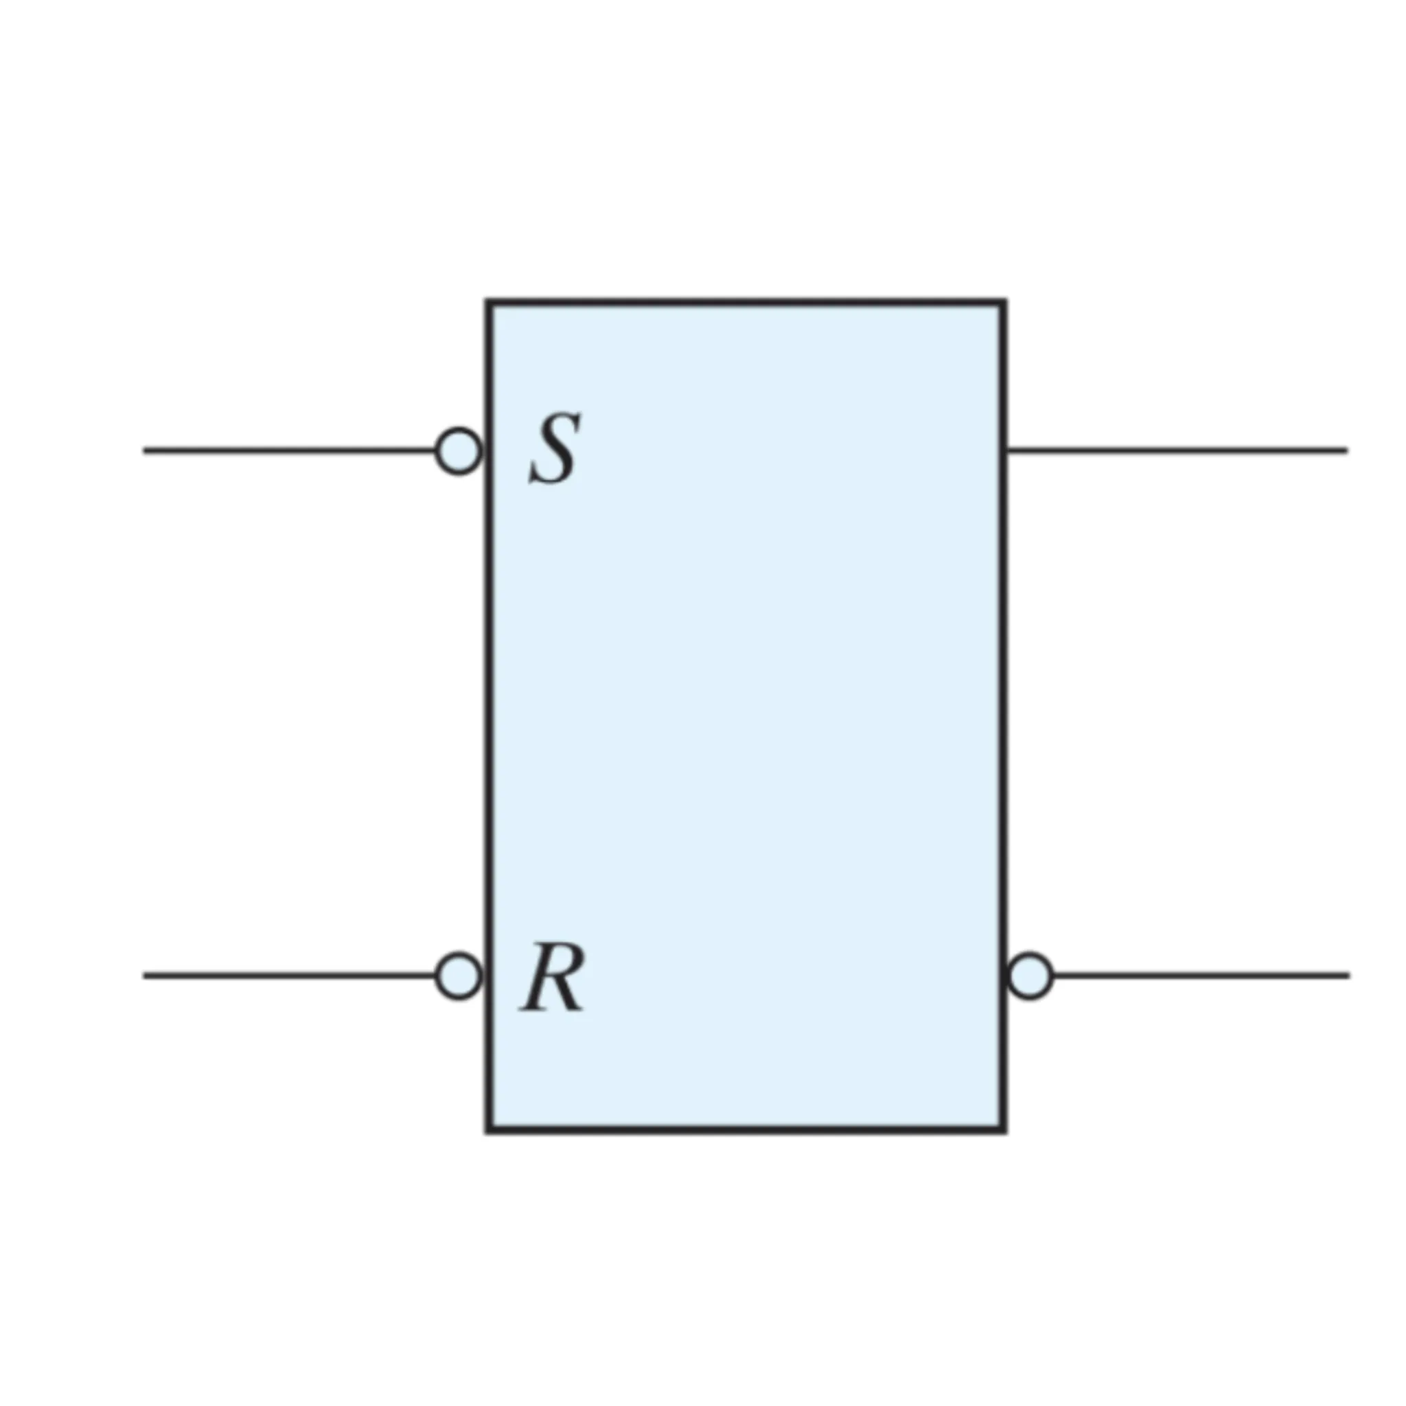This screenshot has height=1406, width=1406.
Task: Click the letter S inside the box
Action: (555, 449)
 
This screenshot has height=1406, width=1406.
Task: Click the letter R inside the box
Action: (553, 977)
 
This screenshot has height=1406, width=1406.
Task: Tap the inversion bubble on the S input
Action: (459, 451)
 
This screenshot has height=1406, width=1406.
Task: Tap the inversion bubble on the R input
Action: (459, 976)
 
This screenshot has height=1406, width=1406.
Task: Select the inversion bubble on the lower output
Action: (1030, 976)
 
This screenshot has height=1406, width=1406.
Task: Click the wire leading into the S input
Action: (290, 451)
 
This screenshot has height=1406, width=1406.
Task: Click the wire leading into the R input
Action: (290, 976)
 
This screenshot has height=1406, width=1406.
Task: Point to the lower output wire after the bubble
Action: (1201, 976)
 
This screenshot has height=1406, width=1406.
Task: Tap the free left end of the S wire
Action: (144, 451)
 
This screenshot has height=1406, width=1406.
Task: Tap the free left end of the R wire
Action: (144, 976)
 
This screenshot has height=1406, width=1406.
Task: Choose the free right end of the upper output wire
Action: (1347, 451)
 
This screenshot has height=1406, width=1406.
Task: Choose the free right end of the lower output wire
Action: (1349, 976)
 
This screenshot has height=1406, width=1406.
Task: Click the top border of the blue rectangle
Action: (747, 301)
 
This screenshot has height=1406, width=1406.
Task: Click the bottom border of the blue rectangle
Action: (747, 1129)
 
